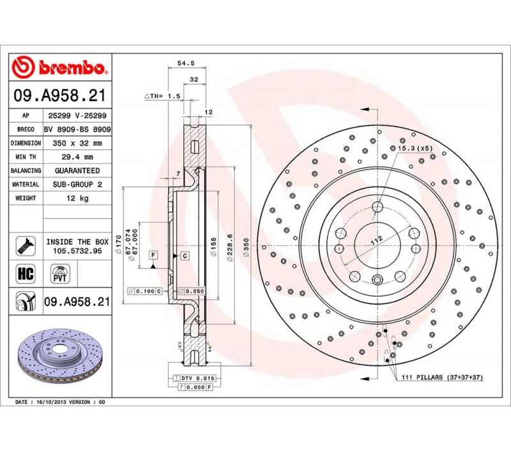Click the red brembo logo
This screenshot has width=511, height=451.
(x=59, y=67)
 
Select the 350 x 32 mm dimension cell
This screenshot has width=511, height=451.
(x=77, y=143)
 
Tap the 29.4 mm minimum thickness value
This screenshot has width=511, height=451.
(x=77, y=157)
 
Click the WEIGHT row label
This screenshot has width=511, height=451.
(x=26, y=198)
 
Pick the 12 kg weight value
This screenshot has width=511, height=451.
(x=77, y=198)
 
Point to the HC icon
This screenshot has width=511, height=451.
(x=26, y=273)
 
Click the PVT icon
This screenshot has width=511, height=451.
(x=60, y=273)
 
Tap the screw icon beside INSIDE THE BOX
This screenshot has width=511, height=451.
(x=26, y=246)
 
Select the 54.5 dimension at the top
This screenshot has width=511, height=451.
(x=186, y=63)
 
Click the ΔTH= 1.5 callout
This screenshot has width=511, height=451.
(x=162, y=96)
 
